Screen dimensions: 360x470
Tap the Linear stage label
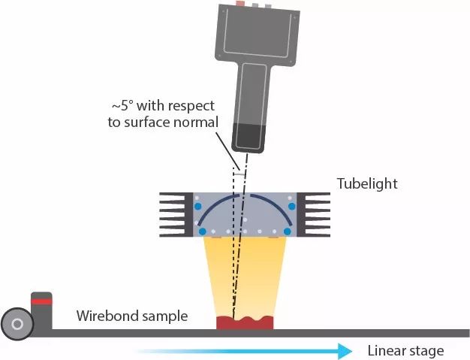pos(405,351)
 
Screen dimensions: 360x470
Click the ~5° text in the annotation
pos(125,106)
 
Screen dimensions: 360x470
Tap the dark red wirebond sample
pos(243,324)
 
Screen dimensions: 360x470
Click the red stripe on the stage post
pos(41,301)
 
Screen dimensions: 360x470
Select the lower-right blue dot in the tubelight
pos(287,231)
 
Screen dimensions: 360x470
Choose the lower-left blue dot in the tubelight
pos(202,231)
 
